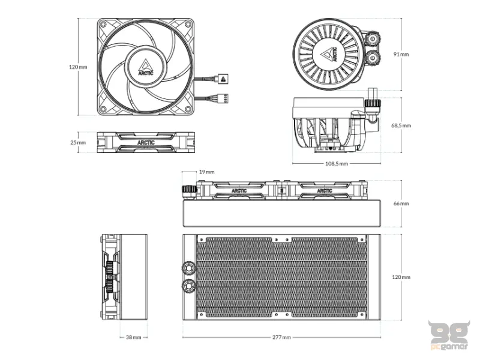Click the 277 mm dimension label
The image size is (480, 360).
click(281, 338)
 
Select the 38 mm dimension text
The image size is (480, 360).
click(133, 338)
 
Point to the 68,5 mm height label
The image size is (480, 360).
click(401, 126)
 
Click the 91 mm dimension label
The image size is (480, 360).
click(401, 54)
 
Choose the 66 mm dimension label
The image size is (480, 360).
click(401, 204)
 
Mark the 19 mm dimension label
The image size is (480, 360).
click(206, 172)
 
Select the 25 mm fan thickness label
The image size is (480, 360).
click(78, 143)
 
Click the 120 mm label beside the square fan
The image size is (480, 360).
click(79, 67)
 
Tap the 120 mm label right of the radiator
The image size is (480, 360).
click(401, 277)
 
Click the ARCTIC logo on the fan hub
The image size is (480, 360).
click(146, 67)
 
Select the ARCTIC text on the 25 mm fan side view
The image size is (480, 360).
click(146, 143)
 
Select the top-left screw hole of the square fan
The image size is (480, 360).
click(103, 24)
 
